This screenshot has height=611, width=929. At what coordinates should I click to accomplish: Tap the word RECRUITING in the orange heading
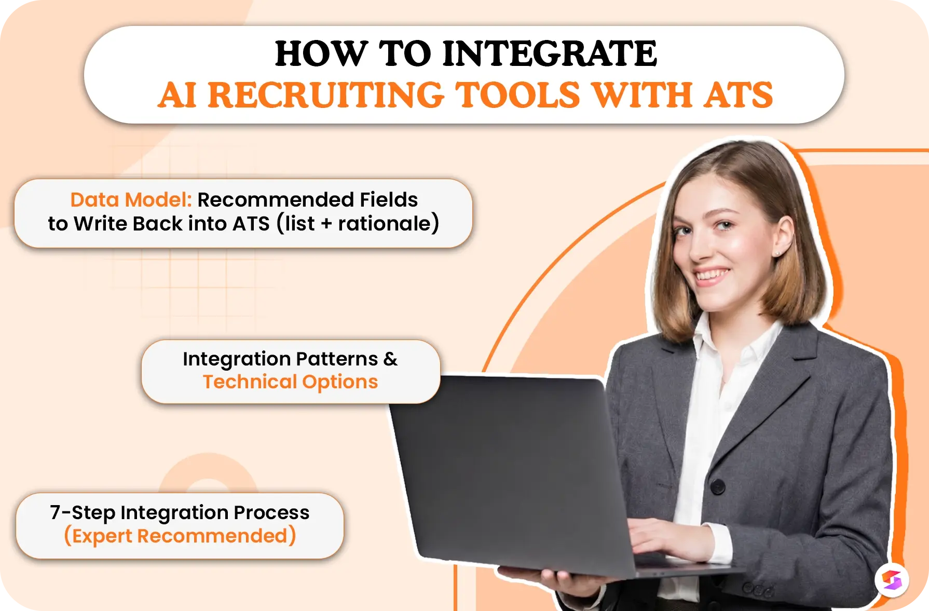coord(326,95)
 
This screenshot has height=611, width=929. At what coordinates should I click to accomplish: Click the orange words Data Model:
coord(131,200)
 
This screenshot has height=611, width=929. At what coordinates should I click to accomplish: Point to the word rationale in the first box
coord(385,224)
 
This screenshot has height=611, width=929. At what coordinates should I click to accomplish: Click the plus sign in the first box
coord(326,224)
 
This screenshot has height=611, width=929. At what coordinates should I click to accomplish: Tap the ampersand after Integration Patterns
coord(390,359)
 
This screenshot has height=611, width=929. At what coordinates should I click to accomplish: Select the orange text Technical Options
coord(291,382)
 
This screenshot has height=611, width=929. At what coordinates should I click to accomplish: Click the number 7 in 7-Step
coord(55,512)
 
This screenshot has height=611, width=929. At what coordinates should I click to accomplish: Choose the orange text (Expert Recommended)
coord(180,536)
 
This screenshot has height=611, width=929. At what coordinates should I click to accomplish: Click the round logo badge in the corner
coord(892,579)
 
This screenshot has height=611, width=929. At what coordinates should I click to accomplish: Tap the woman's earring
coord(777,253)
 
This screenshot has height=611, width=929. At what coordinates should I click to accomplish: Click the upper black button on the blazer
coord(718,486)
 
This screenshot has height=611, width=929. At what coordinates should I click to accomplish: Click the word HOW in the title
coord(321,53)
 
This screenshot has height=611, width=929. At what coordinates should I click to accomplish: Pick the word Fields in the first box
coord(389,200)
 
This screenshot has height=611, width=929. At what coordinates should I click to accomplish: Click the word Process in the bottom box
coord(271,512)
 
